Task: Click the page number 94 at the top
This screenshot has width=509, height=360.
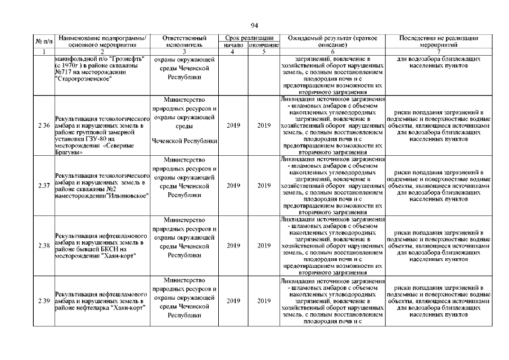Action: tap(254, 25)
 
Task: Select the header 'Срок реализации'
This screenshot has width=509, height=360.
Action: tap(249, 37)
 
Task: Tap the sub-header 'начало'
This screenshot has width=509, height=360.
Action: tap(233, 44)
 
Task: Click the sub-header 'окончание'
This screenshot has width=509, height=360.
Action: tap(264, 44)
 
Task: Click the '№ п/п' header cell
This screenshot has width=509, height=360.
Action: tap(44, 40)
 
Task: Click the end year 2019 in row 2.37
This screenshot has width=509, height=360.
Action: tap(264, 185)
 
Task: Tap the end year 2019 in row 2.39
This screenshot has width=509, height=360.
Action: tap(264, 301)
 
